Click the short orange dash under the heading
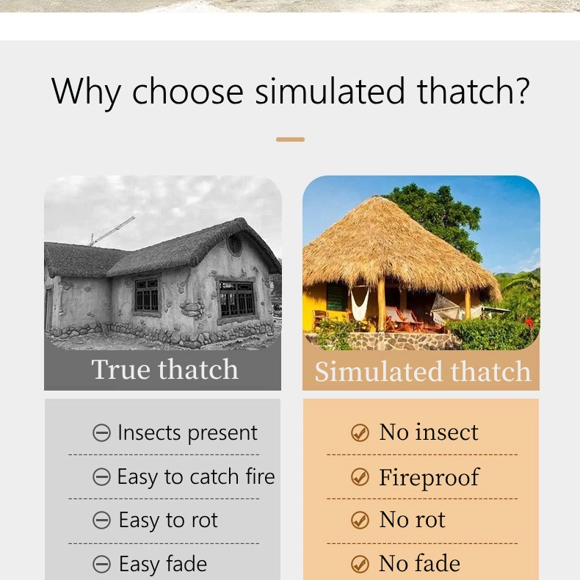tap(290, 139)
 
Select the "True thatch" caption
tap(164, 369)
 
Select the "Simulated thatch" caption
tap(422, 371)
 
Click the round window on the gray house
tap(235, 244)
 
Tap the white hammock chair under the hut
tap(360, 302)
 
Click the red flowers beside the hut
tap(529, 323)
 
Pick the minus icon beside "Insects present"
tap(101, 433)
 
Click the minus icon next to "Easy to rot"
tap(101, 521)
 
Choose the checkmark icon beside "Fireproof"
tap(360, 477)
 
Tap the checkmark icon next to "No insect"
tap(360, 433)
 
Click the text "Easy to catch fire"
tap(195, 477)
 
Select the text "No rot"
tap(412, 520)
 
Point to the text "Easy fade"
tap(162, 564)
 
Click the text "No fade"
tap(419, 563)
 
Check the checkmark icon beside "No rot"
tap(360, 521)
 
